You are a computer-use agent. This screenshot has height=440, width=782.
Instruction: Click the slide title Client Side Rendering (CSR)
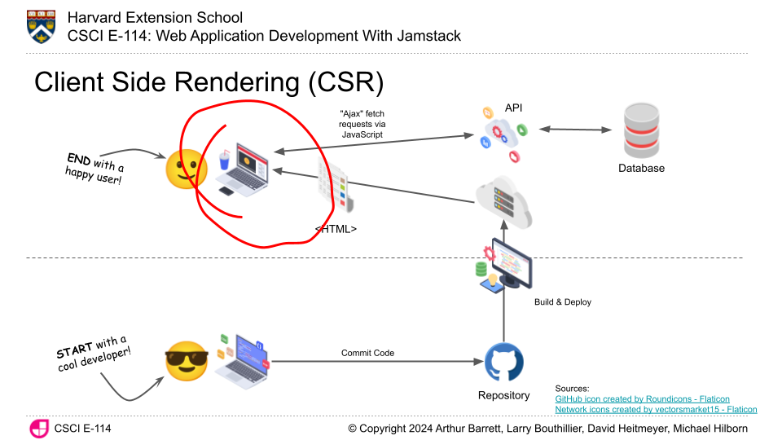209,82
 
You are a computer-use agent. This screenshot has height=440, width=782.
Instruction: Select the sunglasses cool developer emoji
187,360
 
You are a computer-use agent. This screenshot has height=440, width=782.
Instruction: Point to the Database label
641,169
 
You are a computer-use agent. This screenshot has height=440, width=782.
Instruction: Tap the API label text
514,108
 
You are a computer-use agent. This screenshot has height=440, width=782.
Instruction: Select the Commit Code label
367,353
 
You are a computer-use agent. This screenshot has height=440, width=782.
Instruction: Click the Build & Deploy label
563,302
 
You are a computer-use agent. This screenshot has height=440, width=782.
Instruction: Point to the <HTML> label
336,230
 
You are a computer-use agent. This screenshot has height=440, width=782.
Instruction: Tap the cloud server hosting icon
503,201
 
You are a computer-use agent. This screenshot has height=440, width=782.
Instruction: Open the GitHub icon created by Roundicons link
642,399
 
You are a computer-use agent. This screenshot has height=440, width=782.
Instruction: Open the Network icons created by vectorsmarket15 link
656,410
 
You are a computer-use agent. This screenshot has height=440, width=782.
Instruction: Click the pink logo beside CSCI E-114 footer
38,429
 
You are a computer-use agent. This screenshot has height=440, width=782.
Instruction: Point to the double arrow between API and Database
575,130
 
